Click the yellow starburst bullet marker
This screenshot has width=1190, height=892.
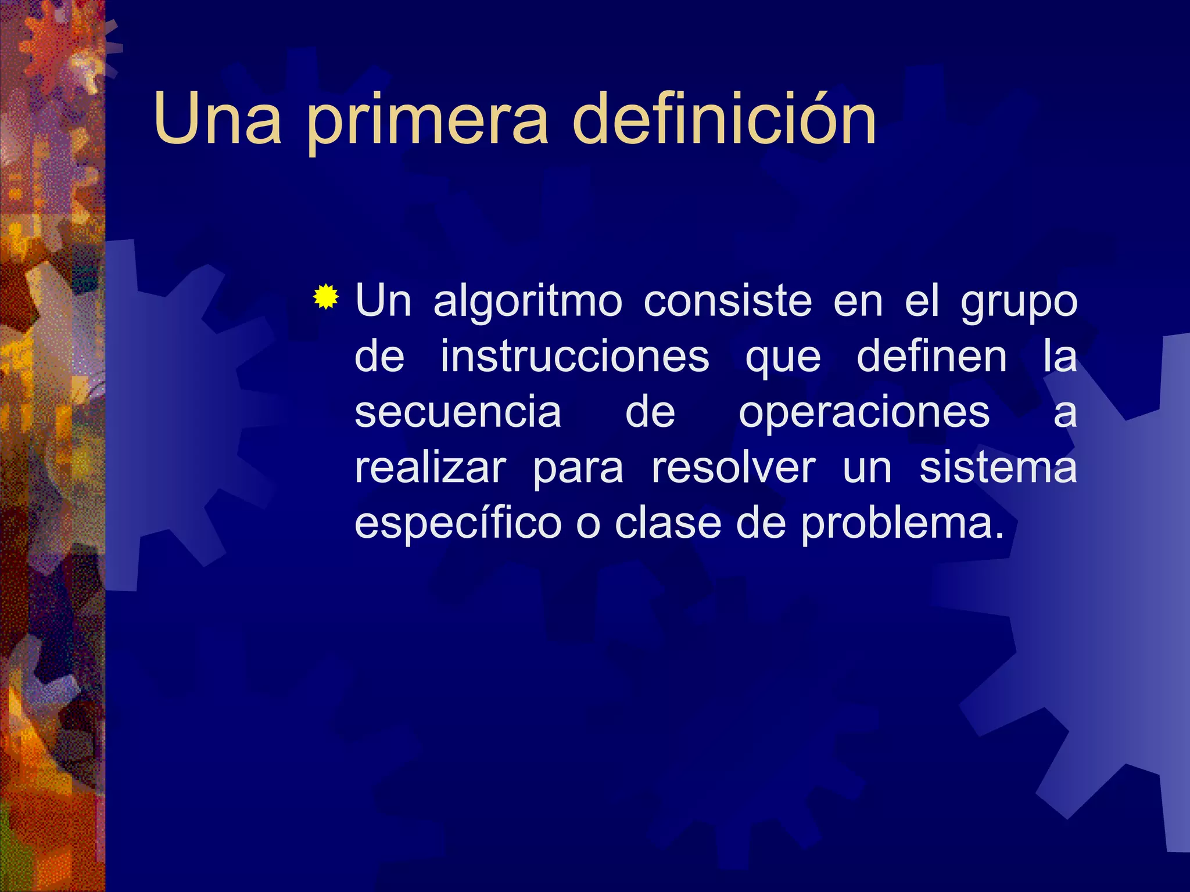click(x=325, y=297)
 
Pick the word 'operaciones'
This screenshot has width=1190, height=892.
click(x=864, y=413)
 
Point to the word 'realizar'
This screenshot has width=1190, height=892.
click(x=431, y=467)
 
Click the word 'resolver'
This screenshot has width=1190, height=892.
click(x=733, y=467)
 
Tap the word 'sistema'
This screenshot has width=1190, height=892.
click(x=998, y=467)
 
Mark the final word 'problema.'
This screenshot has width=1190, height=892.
click(x=902, y=524)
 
